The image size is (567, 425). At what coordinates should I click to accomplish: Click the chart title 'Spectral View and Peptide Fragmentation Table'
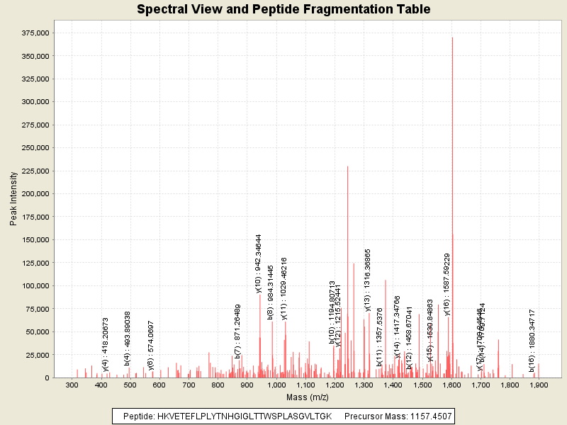(283, 9)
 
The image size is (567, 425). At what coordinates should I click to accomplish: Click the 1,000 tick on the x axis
(276, 385)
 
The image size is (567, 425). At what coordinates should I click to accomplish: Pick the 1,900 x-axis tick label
(539, 385)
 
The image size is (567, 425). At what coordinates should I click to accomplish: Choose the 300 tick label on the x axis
(72, 385)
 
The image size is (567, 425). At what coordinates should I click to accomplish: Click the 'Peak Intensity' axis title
(13, 201)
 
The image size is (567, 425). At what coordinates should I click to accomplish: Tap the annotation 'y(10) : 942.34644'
(259, 263)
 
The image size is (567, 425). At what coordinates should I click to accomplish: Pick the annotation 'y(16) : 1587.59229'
(447, 284)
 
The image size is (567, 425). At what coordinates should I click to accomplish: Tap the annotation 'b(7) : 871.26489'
(238, 331)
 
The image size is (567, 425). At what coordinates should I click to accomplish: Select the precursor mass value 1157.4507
(427, 416)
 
